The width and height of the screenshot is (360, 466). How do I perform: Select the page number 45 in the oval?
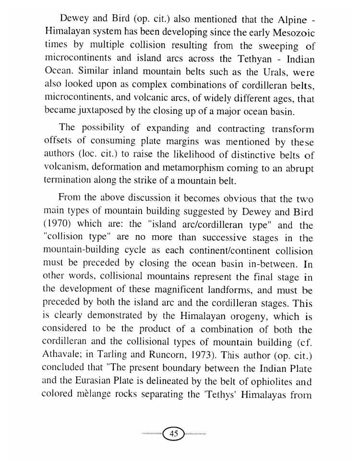(174, 433)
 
